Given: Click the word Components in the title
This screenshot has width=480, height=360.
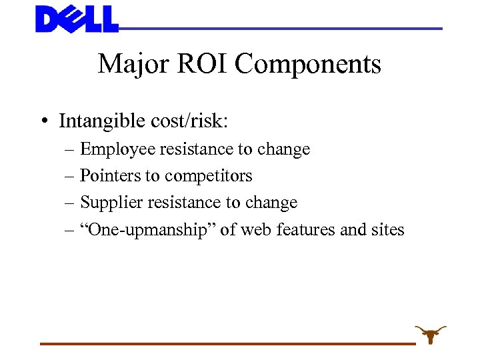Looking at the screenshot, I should [308, 65].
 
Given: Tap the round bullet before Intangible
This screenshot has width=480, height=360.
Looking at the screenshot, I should [43, 121].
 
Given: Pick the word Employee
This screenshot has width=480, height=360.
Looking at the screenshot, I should [117, 149].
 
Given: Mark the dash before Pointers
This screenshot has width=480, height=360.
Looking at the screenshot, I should [70, 176].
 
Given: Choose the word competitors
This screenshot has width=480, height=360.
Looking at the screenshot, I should [209, 176].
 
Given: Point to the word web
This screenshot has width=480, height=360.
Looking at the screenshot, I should [254, 230].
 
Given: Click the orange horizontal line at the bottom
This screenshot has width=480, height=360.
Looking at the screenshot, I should [227, 343].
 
